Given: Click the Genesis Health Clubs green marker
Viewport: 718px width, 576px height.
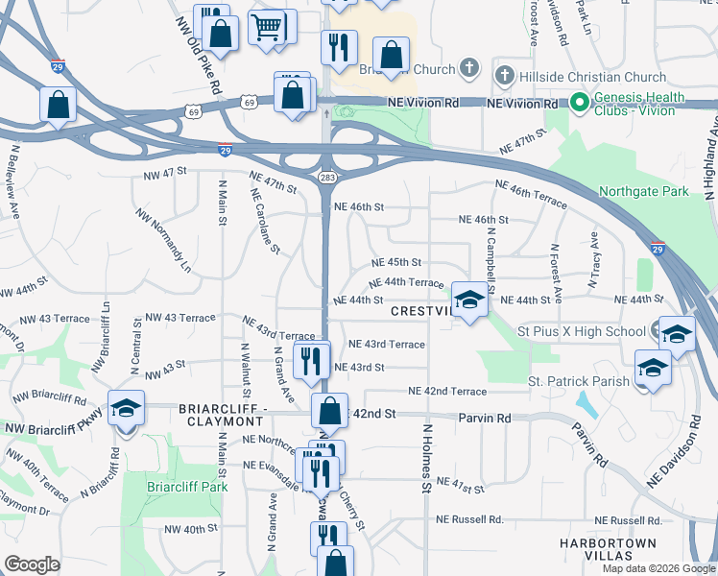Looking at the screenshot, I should tap(579, 103).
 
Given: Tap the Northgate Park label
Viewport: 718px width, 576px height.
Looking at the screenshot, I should tap(643, 192).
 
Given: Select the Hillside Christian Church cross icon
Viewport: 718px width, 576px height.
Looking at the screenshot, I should tap(505, 76).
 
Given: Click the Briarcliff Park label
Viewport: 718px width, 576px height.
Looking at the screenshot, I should tap(187, 487).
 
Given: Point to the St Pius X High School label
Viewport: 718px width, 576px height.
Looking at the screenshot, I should tap(582, 332).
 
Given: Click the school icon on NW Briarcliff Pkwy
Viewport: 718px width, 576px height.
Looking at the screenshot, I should tap(126, 409).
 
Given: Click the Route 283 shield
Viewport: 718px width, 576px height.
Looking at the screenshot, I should tap(326, 179).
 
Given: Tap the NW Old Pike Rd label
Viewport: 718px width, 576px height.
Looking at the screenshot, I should tap(199, 55).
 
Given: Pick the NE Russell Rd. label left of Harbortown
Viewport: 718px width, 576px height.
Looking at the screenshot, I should tap(468, 519).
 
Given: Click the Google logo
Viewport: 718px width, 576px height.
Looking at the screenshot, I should tap(32, 564).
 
